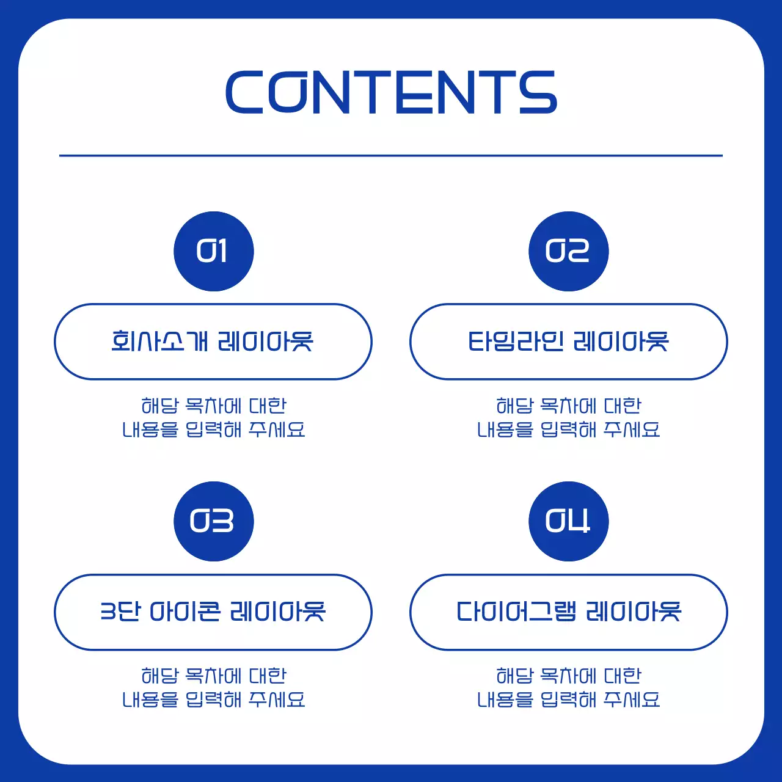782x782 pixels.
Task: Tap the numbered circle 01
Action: click(x=214, y=251)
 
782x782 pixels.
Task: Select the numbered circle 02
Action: click(x=568, y=251)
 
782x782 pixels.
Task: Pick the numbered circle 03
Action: click(x=214, y=521)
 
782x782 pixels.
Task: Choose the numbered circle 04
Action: click(x=568, y=521)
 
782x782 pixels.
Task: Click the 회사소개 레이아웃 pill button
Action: click(x=213, y=342)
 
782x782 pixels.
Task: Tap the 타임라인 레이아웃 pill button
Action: click(x=568, y=342)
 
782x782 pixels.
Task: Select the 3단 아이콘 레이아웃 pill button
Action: click(x=213, y=612)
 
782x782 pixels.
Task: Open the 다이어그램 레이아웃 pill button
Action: click(x=568, y=612)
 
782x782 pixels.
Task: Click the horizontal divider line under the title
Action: click(x=391, y=156)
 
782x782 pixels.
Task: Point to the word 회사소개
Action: click(x=160, y=342)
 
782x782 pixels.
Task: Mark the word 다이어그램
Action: click(x=516, y=612)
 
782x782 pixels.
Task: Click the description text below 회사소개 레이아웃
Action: click(x=213, y=417)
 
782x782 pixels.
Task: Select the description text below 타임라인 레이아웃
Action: click(x=568, y=417)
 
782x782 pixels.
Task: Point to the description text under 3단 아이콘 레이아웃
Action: click(x=213, y=687)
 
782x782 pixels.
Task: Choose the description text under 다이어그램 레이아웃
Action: click(x=568, y=687)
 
